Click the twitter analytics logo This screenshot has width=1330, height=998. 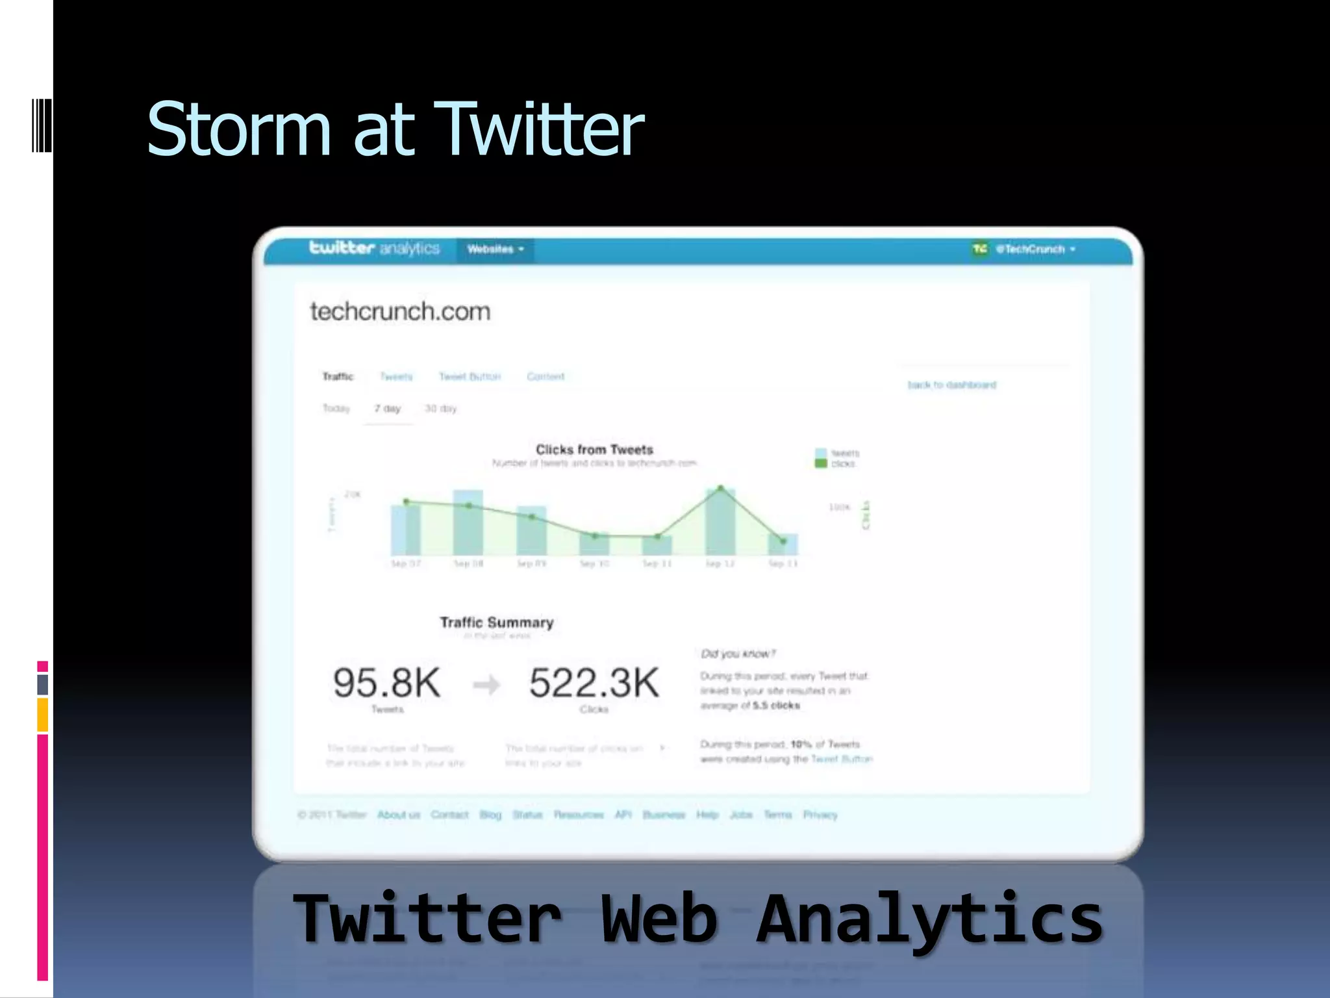click(x=374, y=248)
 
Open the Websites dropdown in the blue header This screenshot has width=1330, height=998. click(x=495, y=249)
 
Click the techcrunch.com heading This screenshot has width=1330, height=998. click(x=400, y=311)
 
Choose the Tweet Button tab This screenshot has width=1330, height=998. click(x=470, y=376)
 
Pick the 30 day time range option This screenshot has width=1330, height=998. click(x=440, y=409)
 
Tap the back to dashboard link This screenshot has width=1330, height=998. click(x=951, y=385)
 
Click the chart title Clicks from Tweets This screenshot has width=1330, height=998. click(x=594, y=449)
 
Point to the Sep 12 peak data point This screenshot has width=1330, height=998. click(x=720, y=488)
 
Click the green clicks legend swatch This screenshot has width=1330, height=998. click(x=821, y=463)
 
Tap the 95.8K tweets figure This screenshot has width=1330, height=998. click(x=387, y=683)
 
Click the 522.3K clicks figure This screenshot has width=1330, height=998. click(x=594, y=683)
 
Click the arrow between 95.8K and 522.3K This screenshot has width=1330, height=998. click(x=486, y=684)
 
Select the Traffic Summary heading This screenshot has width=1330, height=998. click(x=497, y=622)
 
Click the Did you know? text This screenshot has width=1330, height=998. click(x=738, y=654)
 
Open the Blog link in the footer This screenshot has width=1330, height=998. click(x=490, y=815)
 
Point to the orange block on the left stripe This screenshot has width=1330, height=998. click(x=42, y=715)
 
